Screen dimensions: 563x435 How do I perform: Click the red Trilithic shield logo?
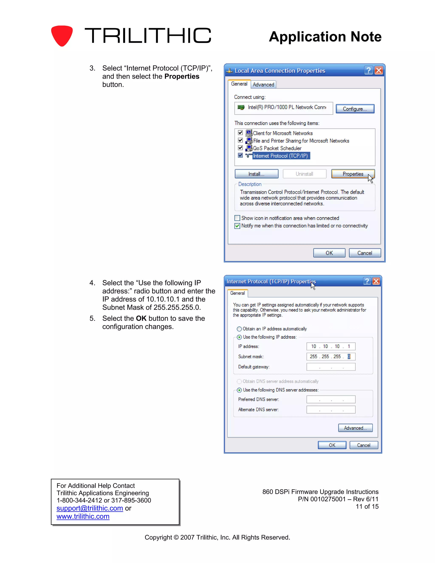point(62,35)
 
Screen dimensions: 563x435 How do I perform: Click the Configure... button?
point(355,109)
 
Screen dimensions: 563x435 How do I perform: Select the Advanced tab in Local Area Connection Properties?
point(263,85)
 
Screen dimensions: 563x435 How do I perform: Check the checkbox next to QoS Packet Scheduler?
point(240,148)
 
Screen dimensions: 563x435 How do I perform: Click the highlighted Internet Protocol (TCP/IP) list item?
point(280,156)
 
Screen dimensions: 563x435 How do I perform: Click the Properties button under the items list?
point(353,174)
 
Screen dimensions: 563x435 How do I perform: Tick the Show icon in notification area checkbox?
point(237,218)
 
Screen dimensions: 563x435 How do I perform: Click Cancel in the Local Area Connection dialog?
point(364,253)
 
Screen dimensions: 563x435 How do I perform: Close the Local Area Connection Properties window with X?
point(379,70)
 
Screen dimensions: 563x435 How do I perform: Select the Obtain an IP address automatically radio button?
point(239,329)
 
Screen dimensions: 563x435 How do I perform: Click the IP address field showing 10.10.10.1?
point(331,346)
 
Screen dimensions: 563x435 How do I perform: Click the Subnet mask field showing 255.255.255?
point(331,356)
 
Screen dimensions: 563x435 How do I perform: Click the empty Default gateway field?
point(331,367)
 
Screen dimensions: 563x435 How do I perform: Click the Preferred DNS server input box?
point(331,399)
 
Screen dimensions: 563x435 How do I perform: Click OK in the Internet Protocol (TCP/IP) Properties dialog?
point(332,445)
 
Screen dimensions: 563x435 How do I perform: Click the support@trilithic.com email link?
point(90,508)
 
